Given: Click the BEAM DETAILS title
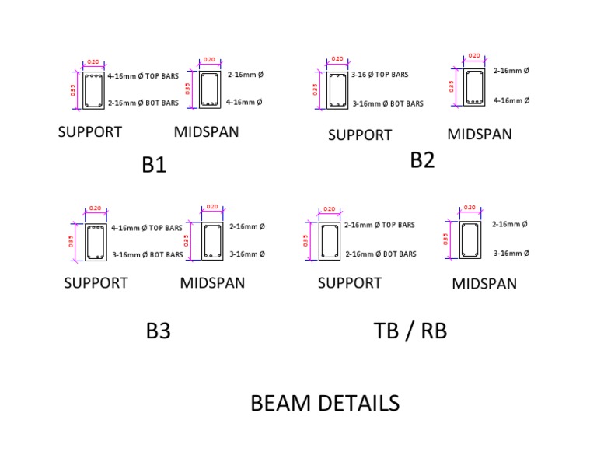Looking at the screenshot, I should coord(325,403).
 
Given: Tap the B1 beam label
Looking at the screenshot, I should coord(154,166).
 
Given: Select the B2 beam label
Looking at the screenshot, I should coord(422,160).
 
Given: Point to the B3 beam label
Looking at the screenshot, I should coord(158,331).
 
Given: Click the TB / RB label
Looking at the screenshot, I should coord(410,331).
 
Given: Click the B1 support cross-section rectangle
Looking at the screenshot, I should coord(95,89).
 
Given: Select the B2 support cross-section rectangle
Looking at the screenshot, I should coord(337,89).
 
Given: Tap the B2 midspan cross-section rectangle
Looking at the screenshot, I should coord(473,86).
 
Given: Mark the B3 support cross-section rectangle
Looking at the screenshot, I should coord(96,242).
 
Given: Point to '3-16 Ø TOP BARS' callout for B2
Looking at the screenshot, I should coord(379,75).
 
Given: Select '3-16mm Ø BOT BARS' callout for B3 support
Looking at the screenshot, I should coord(148,254).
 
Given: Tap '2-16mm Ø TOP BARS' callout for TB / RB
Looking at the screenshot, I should coord(380,225).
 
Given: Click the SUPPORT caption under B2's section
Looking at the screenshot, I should coord(360,135).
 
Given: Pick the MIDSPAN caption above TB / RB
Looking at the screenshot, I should coord(484,284).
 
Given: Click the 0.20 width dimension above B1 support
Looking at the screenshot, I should coord(93,62).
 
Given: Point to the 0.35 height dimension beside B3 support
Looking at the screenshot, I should coord(71,241).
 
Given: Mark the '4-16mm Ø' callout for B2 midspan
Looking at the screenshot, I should coord(511,100).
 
